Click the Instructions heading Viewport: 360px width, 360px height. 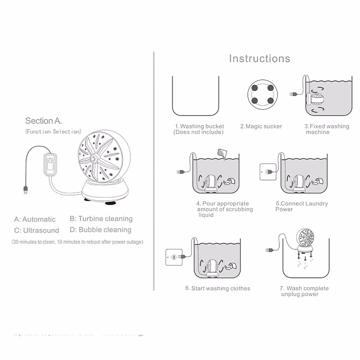tap(259, 58)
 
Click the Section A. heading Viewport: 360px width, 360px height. tap(44, 121)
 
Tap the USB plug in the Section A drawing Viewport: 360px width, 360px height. tap(25, 190)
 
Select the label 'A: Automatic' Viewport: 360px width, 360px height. tap(35, 219)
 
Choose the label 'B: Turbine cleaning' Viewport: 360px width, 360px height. tap(101, 219)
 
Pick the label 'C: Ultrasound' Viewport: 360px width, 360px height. tap(37, 230)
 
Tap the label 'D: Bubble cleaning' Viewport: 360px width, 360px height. tap(100, 230)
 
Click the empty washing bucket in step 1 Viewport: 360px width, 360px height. tap(196, 96)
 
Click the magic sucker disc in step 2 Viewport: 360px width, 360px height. tap(262, 94)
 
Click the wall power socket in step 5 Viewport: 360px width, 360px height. tap(268, 172)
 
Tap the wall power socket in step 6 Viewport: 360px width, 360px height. tap(174, 257)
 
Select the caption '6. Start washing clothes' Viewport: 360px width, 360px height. tap(218, 288)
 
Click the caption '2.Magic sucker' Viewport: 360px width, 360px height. tap(261, 126)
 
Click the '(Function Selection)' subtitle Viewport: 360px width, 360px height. tap(53, 131)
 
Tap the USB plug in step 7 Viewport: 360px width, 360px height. tap(269, 250)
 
